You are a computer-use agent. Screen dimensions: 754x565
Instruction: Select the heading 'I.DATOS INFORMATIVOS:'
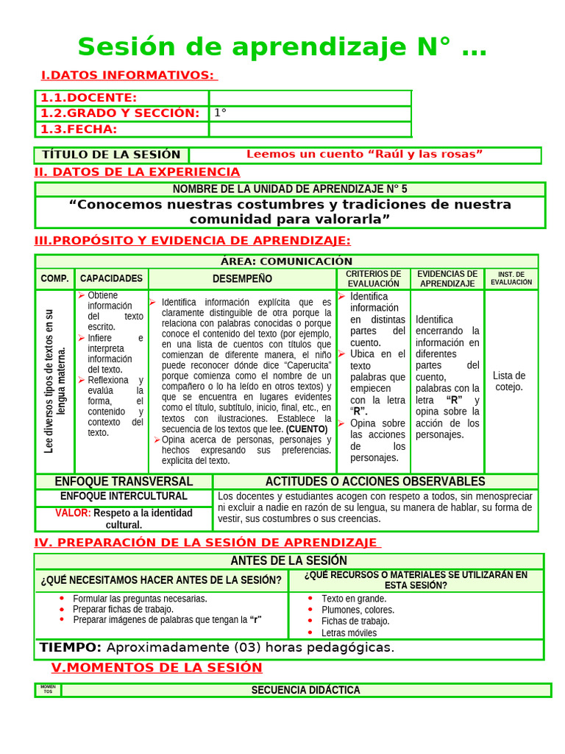pos(128,75)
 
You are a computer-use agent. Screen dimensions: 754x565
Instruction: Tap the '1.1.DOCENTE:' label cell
pos(89,98)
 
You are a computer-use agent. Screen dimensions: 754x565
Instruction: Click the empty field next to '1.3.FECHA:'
pos(310,130)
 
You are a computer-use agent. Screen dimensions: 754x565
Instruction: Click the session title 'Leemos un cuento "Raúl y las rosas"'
pos(364,154)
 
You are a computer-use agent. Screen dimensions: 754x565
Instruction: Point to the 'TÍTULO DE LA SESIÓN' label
pos(111,155)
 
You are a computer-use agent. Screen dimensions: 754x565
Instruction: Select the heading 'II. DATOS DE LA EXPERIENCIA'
pos(138,172)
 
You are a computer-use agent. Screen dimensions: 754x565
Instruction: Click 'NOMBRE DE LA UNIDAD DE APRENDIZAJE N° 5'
pos(290,189)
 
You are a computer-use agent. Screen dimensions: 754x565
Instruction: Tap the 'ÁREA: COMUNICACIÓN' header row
pos(286,261)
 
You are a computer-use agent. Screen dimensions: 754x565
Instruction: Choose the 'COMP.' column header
pos(54,279)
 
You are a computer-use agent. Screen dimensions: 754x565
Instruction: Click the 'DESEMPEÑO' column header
pos(242,279)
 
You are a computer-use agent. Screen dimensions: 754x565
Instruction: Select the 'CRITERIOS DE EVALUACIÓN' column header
pos(373,279)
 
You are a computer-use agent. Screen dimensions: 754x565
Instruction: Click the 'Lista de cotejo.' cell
pos(509,381)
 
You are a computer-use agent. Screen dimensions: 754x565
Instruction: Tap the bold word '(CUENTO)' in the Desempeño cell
pos(307,429)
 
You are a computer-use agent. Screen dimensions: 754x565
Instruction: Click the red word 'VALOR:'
pos(73,513)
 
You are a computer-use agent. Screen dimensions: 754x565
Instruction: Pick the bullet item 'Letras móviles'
pos(349,633)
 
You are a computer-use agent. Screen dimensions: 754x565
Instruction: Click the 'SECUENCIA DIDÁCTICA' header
pos(305,691)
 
